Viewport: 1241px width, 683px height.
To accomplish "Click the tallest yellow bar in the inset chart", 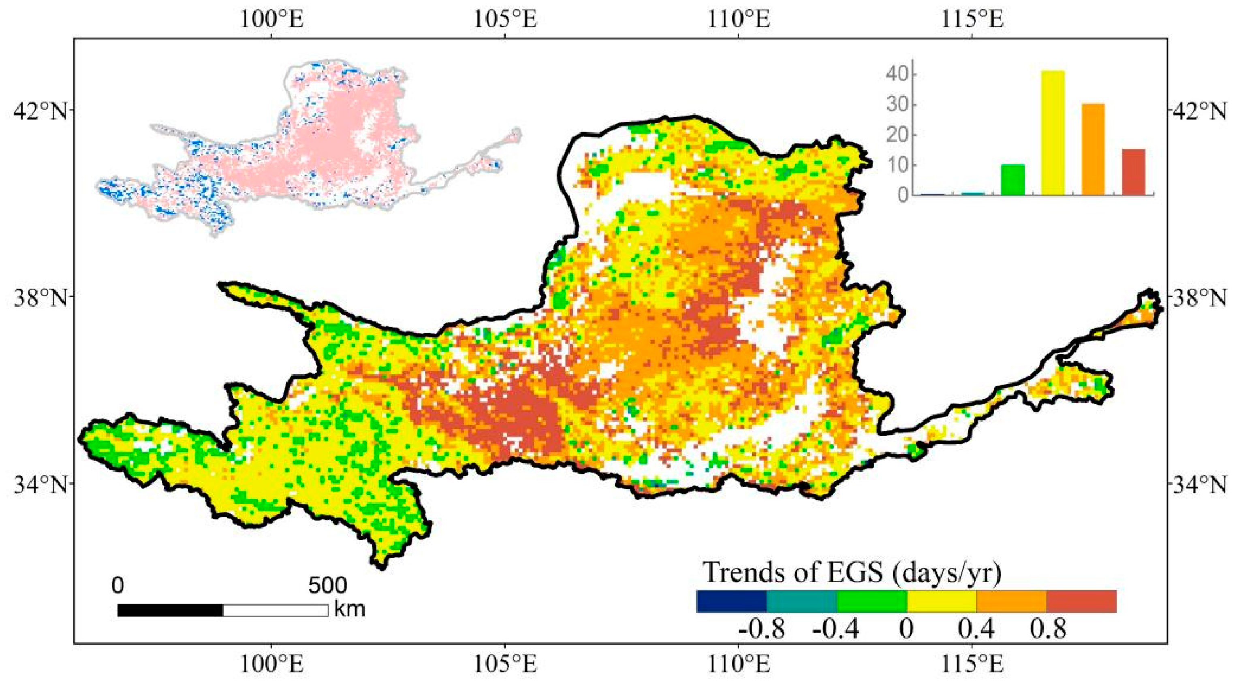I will coord(1053,132).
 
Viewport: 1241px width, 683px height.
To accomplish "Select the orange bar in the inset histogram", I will coord(1093,149).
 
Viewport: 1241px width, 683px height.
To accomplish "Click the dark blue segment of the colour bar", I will coord(731,601).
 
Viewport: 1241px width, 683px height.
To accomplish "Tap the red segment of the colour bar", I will coord(1081,601).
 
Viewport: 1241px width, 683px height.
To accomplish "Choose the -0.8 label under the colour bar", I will coord(762,630).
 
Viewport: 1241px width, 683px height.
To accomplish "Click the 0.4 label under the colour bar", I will coord(976,630).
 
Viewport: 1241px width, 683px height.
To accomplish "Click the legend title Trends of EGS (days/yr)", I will coord(853,573).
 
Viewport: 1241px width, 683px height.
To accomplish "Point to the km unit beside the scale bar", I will coord(350,609).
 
